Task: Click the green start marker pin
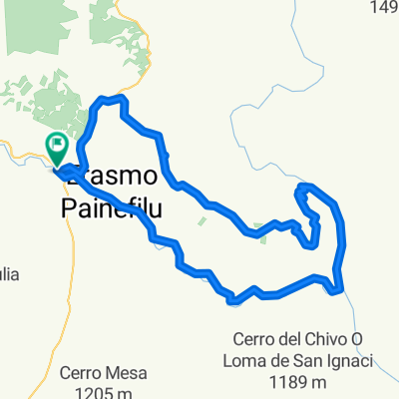click(57, 149)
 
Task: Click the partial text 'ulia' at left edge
click(9, 275)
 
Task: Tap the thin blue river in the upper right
click(269, 100)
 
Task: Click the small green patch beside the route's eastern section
click(261, 226)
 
